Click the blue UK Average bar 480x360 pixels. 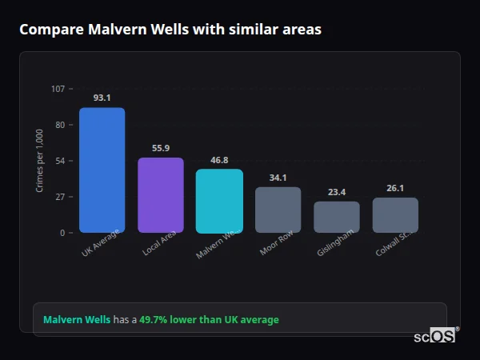[102, 170]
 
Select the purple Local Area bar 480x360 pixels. [161, 195]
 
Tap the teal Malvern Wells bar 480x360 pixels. [219, 201]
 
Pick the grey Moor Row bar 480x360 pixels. [278, 210]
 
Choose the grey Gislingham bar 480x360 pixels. [337, 217]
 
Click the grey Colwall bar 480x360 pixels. [395, 215]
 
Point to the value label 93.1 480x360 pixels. [102, 98]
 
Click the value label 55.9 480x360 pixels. [161, 148]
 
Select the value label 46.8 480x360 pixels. [219, 160]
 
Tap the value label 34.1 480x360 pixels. [278, 178]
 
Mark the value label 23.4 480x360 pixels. [337, 192]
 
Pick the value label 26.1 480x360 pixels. [395, 188]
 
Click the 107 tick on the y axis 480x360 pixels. [58, 88]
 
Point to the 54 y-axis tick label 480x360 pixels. [60, 161]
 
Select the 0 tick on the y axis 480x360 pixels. [62, 233]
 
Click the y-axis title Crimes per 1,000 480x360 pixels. [39, 160]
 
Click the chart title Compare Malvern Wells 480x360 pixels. [170, 30]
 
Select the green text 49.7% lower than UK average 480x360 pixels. [209, 320]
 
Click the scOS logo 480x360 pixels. [435, 336]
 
